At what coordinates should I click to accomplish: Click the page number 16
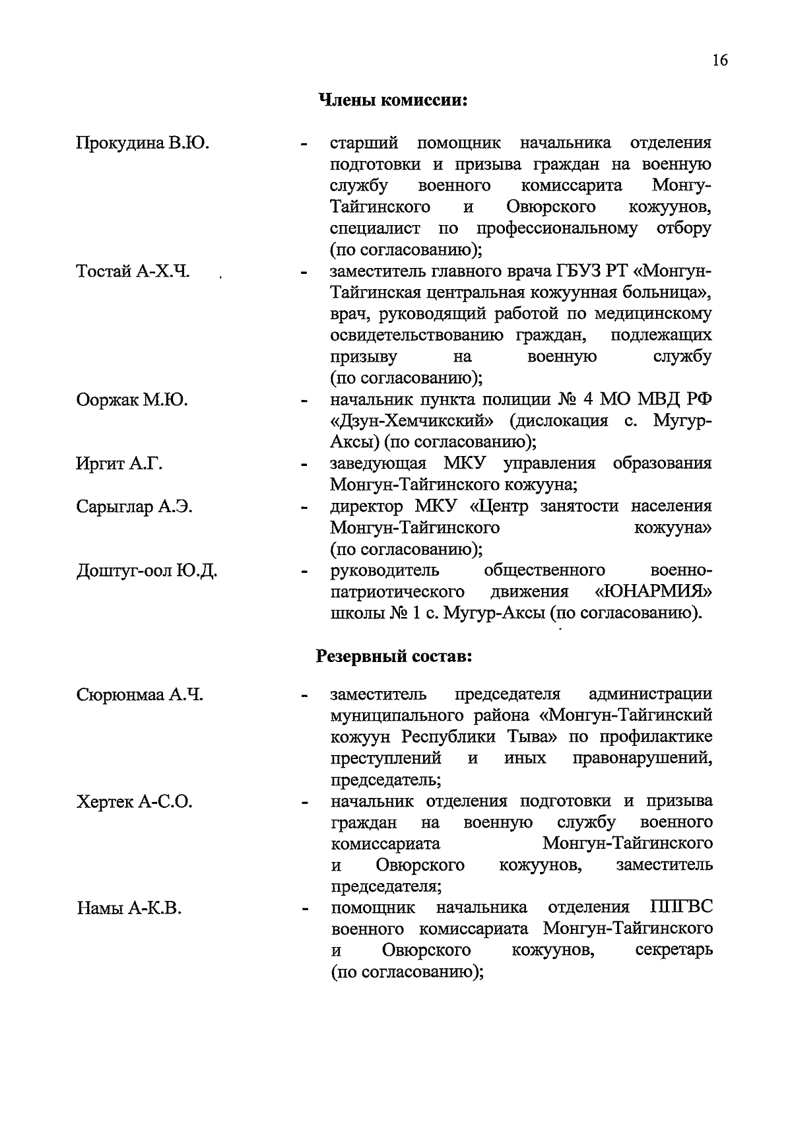point(719,61)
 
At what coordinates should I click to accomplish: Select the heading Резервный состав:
point(394,657)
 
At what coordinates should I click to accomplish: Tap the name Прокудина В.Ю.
point(143,143)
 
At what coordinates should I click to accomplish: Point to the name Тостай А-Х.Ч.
point(133,271)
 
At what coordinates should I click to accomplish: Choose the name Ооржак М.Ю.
point(131,400)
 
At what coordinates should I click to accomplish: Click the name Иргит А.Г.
point(119,464)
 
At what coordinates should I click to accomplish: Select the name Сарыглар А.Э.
point(134,507)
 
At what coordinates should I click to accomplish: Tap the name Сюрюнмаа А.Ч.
point(139,694)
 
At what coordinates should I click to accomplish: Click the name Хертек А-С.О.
point(134,802)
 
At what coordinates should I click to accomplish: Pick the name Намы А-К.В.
point(128,909)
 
